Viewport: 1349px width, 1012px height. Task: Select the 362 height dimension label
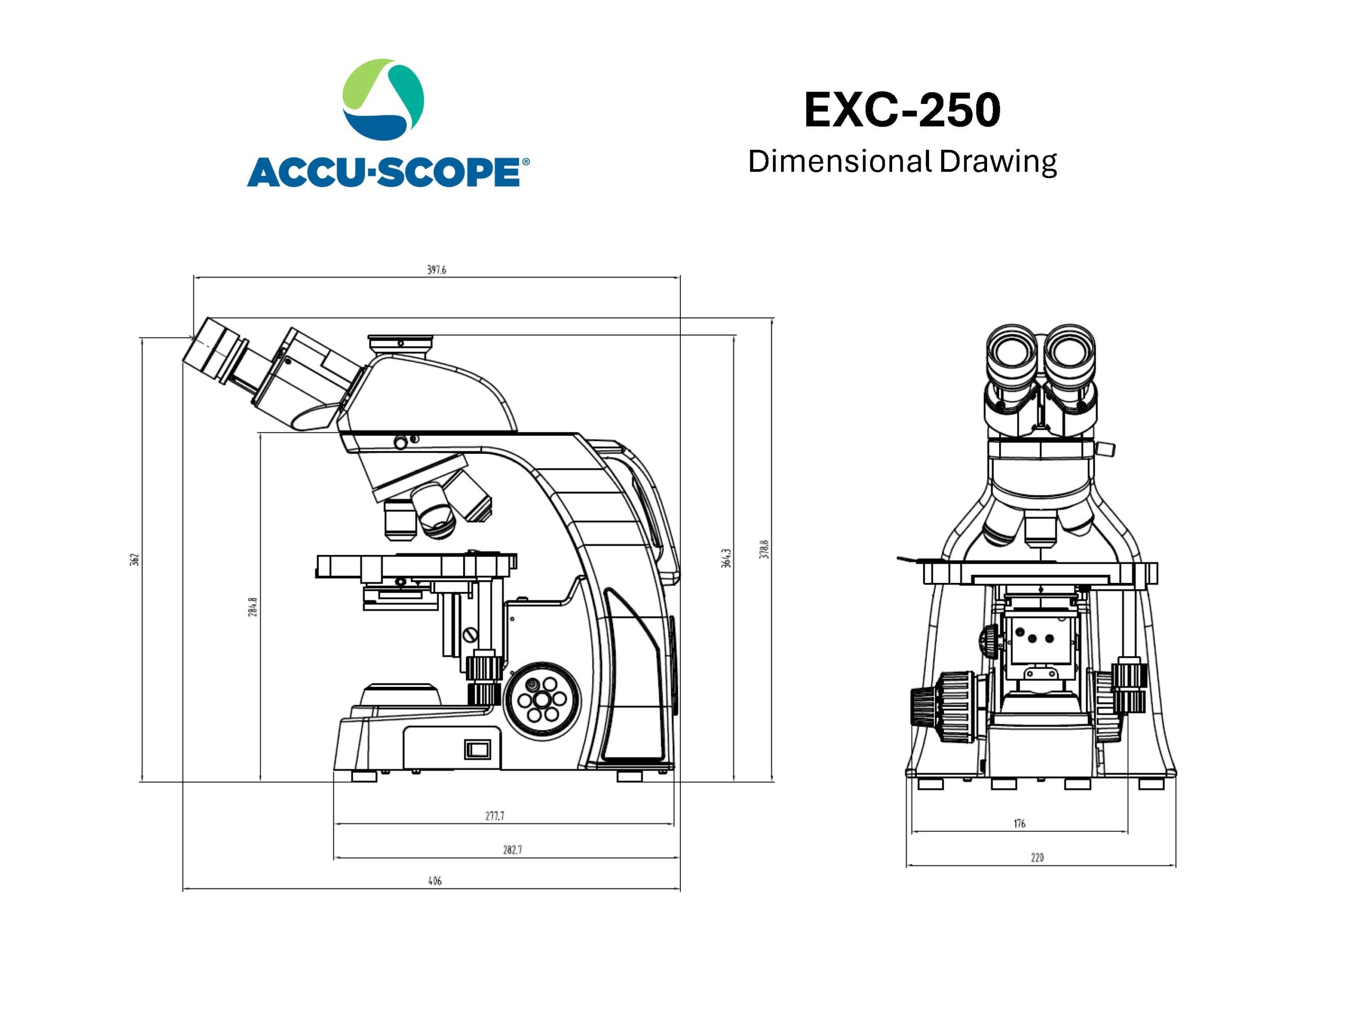(x=135, y=559)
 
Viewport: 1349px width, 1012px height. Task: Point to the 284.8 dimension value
(x=252, y=607)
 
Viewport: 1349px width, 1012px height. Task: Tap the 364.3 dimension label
(x=726, y=558)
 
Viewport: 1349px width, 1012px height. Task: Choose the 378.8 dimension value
(x=764, y=550)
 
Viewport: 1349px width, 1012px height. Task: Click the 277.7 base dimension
(x=495, y=815)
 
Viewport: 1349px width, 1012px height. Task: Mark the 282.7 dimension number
(x=512, y=850)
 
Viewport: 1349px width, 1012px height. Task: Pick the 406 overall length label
(x=435, y=881)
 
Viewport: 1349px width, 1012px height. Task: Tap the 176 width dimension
(x=1020, y=823)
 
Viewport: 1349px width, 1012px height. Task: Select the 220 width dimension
(x=1038, y=858)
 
